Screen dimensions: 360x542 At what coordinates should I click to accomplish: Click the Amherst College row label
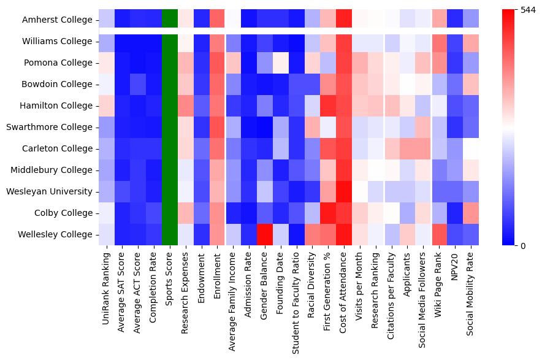tap(58, 20)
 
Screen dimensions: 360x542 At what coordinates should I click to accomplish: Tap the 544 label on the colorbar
tap(527, 10)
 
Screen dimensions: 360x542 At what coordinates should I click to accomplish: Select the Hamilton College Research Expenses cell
tap(186, 105)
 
